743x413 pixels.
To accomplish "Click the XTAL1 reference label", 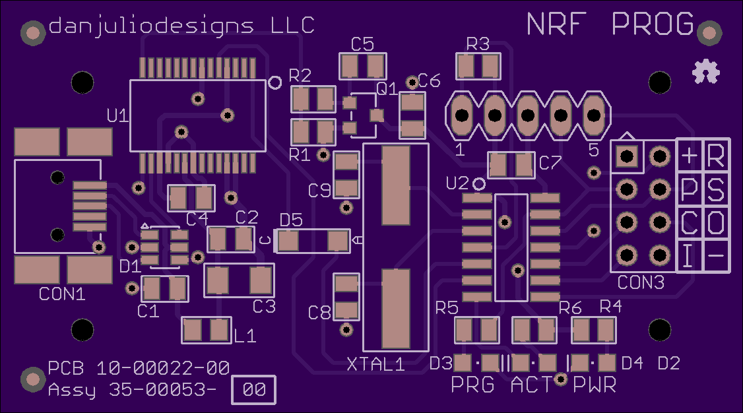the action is click(x=375, y=364).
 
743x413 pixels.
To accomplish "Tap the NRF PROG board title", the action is click(x=610, y=24).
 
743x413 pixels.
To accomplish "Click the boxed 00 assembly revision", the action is click(x=253, y=390).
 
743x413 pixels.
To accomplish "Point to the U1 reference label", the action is click(x=117, y=115).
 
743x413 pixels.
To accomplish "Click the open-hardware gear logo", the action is click(x=705, y=71).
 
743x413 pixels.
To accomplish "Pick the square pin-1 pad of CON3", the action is click(x=627, y=156).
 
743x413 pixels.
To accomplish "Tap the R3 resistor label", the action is click(x=478, y=44).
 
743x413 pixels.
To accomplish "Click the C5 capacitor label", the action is click(x=362, y=44).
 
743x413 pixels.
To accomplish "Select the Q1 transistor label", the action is click(x=387, y=88).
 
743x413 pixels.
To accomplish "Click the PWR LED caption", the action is click(x=595, y=385).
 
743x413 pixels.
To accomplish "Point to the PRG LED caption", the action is click(x=472, y=385).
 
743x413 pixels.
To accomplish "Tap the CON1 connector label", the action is click(x=62, y=294).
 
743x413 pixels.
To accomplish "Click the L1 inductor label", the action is click(x=245, y=336).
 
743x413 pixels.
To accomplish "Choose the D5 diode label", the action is click(x=291, y=220).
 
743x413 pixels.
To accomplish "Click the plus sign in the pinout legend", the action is click(x=690, y=155).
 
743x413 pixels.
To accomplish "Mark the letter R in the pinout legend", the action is click(x=716, y=155).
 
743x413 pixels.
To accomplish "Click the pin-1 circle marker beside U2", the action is click(x=479, y=184).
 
